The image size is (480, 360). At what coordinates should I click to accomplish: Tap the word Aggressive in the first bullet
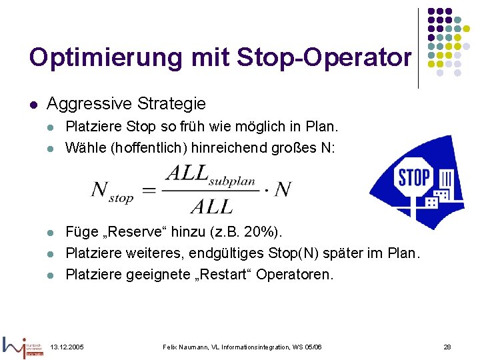click(89, 104)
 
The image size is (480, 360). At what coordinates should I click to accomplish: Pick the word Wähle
click(83, 147)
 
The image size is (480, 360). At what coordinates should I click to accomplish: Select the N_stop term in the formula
click(111, 191)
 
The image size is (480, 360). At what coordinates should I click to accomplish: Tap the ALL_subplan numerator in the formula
click(209, 175)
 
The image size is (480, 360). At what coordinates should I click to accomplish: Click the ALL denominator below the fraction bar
click(211, 206)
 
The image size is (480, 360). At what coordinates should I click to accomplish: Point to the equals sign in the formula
click(149, 190)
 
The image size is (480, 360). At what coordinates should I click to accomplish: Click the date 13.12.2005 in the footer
click(67, 348)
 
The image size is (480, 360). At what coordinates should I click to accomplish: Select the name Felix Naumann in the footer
click(187, 348)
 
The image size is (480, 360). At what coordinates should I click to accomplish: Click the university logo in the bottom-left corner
click(23, 345)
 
